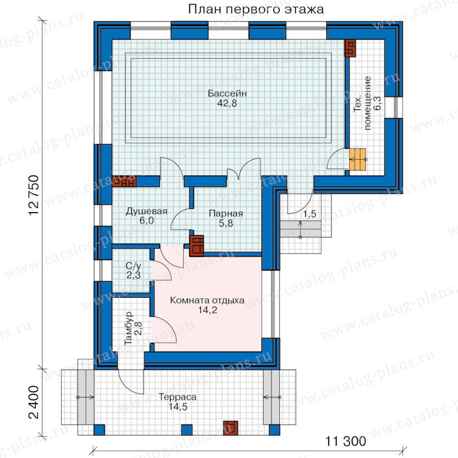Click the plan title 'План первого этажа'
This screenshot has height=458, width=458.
click(x=255, y=9)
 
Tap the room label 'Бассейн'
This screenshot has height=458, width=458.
click(x=227, y=94)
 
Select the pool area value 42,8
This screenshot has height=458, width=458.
click(x=227, y=103)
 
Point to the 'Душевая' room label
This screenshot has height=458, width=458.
click(x=147, y=211)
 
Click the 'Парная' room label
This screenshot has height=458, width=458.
click(x=226, y=214)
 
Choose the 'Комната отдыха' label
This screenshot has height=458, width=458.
click(x=207, y=300)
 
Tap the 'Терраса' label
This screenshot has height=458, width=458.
click(x=178, y=397)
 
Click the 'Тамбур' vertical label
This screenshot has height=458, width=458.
click(x=129, y=328)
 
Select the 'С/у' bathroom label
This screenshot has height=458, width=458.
click(x=133, y=266)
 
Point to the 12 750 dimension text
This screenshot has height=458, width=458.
click(x=34, y=195)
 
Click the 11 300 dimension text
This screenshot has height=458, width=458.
click(x=346, y=441)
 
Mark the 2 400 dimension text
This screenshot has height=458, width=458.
click(x=34, y=402)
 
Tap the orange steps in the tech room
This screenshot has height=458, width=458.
click(x=358, y=160)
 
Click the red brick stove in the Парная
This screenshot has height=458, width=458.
click(x=196, y=246)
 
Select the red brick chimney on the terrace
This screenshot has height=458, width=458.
click(x=231, y=428)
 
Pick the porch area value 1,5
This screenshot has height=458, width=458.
click(x=309, y=214)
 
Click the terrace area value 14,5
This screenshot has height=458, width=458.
click(x=178, y=406)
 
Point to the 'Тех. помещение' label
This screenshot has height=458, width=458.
click(x=362, y=103)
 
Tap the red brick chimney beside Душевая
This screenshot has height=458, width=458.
click(x=124, y=181)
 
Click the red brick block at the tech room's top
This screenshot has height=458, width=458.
click(x=350, y=48)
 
